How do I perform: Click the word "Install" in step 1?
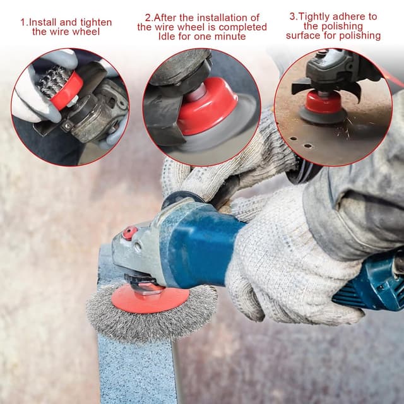click(42, 22)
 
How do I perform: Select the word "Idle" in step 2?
click(167, 37)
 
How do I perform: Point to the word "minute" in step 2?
click(230, 37)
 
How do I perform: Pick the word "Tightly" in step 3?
click(314, 17)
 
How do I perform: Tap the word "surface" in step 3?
click(303, 35)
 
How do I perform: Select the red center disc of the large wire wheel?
click(150, 299)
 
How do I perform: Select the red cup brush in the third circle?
click(323, 102)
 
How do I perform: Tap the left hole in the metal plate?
click(294, 138)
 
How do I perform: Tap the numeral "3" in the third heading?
click(292, 16)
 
